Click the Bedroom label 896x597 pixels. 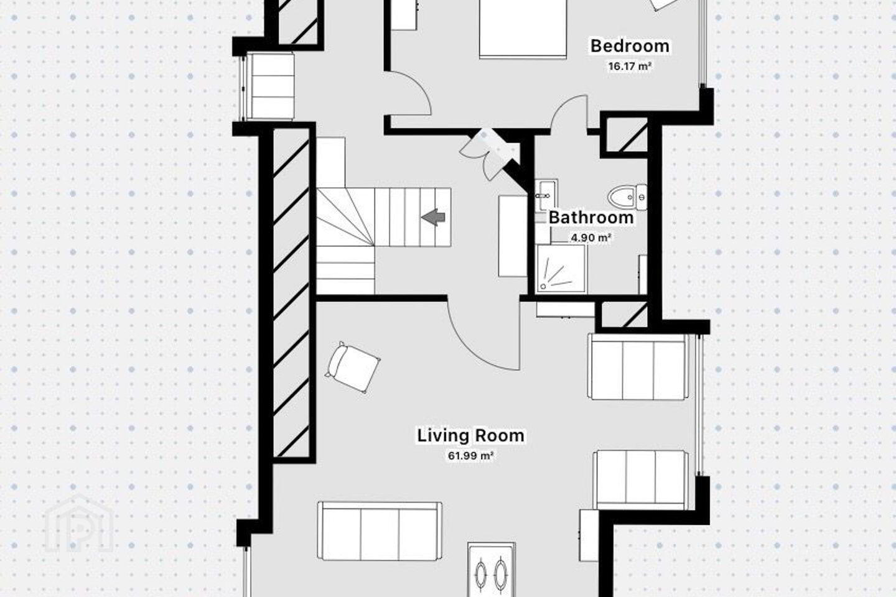point(630,46)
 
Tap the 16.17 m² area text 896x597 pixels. point(630,67)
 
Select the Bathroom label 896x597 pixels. point(591,218)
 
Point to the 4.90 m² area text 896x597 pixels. point(591,238)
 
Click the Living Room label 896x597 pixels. point(471,435)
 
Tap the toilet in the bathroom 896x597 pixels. point(627,197)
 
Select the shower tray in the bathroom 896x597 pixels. point(562,269)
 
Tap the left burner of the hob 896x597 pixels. point(481,576)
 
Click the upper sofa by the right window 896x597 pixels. point(638,367)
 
